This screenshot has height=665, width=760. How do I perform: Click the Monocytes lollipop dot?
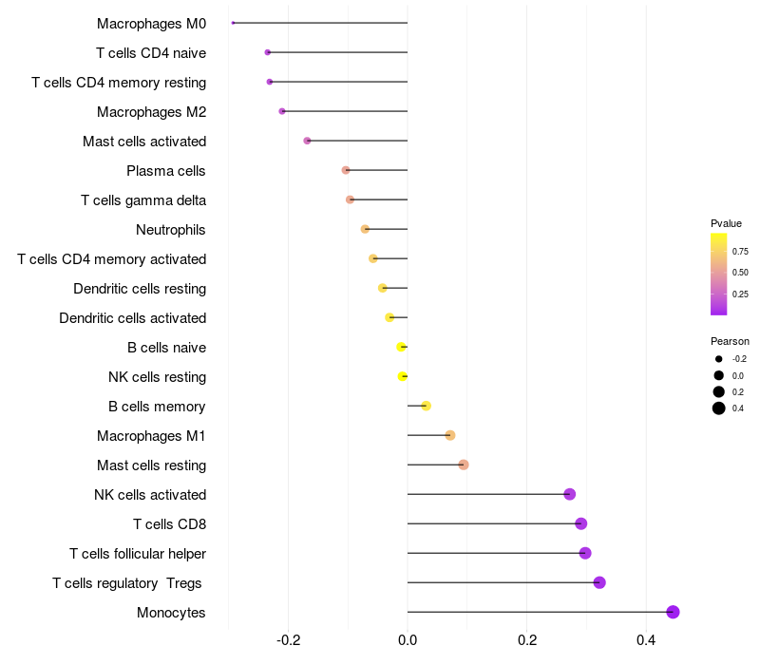673,612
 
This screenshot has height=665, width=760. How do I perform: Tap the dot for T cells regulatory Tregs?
599,582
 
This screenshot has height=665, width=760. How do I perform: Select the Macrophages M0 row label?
151,23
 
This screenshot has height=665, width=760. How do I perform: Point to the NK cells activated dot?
569,494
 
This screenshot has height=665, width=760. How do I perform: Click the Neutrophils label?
171,229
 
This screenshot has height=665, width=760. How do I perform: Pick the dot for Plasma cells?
346,170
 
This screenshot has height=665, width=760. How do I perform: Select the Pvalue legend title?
726,223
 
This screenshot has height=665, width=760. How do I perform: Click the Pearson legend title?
730,341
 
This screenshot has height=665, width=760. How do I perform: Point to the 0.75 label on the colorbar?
740,252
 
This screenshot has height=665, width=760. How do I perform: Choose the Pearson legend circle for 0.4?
719,408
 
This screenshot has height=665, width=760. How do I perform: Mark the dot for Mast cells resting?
464,465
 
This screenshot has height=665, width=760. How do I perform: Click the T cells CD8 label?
169,523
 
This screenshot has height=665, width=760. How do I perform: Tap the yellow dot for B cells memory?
427,406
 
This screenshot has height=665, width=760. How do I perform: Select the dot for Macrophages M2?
282,111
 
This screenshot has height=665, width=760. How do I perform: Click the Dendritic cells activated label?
132,317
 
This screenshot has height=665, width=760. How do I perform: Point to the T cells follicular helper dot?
585,553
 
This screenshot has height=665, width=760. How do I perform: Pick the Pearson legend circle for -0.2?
719,359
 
